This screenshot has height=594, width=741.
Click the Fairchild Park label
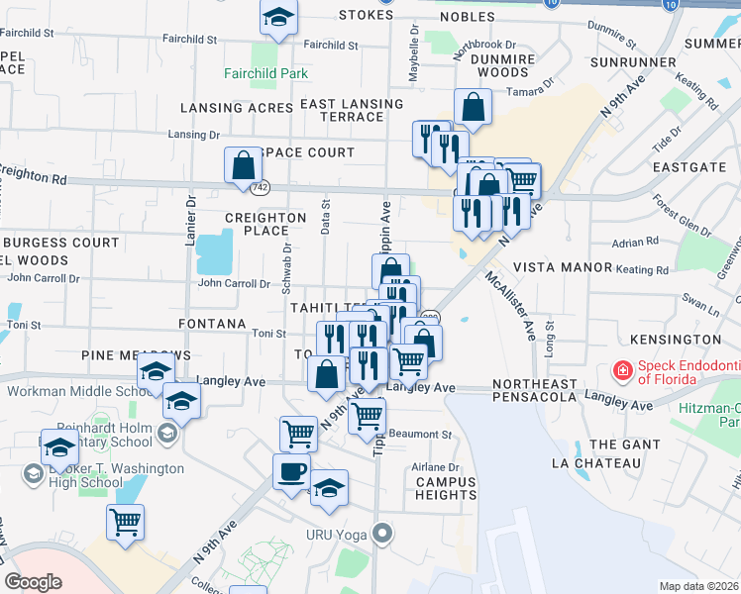265,74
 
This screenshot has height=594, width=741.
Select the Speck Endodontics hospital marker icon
623,370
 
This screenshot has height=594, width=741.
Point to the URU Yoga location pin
383,535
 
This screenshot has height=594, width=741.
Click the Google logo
33,582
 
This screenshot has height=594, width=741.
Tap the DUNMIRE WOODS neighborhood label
495,65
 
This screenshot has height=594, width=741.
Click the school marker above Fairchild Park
278,17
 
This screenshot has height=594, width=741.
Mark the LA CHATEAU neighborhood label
599,462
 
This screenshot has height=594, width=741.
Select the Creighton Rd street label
35,177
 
